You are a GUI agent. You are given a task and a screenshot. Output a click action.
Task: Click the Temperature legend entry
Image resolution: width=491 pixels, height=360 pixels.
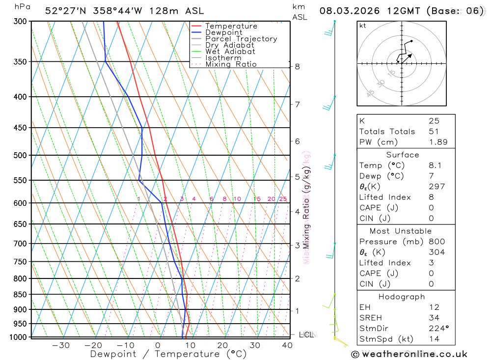coord(231,26)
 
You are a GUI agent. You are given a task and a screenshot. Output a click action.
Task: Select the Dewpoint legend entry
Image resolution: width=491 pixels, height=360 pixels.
coord(223,32)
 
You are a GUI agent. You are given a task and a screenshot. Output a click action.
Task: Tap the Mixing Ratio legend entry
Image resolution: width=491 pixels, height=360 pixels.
coord(231,64)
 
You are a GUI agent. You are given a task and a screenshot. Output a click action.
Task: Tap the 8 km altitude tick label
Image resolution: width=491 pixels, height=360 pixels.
coord(297,66)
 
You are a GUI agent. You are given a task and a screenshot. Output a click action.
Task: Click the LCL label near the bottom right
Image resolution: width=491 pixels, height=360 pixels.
coord(306,335)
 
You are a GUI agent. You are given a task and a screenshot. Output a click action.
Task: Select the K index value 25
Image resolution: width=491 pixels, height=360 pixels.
coord(434,121)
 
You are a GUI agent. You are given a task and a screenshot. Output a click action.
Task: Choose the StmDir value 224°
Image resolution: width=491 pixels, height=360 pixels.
coord(437,329)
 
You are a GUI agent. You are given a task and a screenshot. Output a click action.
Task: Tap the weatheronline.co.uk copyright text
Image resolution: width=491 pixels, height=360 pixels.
coord(409,354)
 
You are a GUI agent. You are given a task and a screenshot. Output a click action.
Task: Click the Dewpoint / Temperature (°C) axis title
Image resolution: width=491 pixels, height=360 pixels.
coord(168,354)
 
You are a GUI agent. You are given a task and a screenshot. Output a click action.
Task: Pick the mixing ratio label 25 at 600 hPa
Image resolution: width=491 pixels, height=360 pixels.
coord(283,199)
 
